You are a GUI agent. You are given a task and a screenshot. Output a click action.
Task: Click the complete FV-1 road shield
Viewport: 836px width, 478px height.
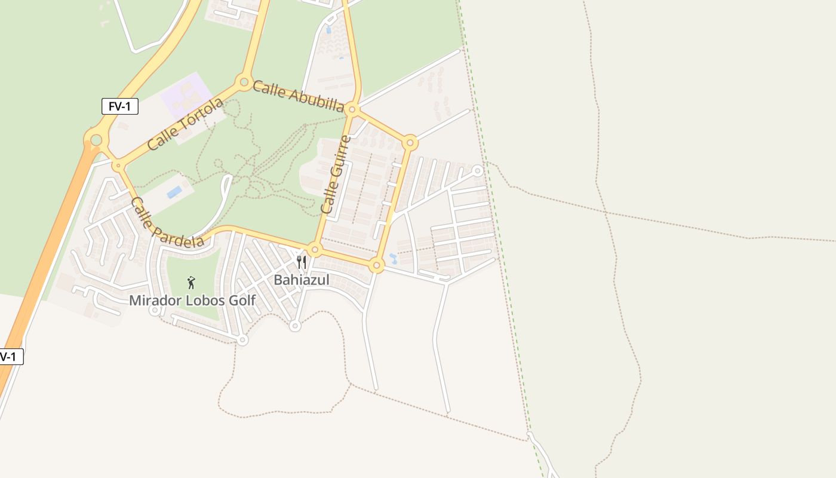(120, 106)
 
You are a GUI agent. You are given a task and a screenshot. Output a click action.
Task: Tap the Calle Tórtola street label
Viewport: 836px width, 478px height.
(185, 124)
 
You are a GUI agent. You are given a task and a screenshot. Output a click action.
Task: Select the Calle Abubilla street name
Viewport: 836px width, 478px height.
(298, 96)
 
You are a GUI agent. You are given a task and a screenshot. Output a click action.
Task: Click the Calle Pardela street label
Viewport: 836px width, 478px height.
(167, 222)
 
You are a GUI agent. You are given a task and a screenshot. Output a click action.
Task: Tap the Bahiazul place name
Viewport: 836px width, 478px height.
(302, 280)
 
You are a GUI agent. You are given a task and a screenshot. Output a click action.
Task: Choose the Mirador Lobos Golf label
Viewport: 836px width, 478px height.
(192, 301)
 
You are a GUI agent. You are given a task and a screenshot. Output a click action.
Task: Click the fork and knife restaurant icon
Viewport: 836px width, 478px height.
(302, 262)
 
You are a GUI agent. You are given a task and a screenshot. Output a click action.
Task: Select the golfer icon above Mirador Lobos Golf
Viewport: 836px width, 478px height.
(191, 283)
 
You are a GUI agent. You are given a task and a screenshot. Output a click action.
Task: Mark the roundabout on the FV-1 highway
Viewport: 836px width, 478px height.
(96, 140)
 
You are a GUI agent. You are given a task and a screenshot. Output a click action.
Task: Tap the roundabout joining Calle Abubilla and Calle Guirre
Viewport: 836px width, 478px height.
(352, 109)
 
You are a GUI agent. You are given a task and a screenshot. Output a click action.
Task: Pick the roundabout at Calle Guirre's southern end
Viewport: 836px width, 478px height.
(315, 249)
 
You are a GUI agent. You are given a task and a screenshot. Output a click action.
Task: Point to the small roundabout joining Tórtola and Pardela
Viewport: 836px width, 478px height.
(118, 166)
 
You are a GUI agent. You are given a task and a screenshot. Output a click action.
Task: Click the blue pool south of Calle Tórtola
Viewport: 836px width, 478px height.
(174, 192)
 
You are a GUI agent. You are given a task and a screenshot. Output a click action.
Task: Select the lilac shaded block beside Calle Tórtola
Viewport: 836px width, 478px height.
(186, 96)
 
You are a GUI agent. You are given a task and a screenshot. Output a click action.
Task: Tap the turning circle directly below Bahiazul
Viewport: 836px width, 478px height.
(294, 326)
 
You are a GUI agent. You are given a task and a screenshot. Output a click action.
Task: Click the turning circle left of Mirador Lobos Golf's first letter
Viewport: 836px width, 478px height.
(155, 310)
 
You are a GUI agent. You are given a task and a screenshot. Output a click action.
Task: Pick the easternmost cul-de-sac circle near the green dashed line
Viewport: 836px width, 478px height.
(478, 171)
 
